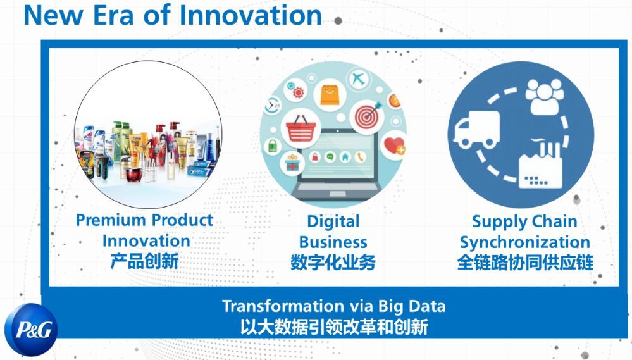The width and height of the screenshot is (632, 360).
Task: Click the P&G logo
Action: tap(31, 330)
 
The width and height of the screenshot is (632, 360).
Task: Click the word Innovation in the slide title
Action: tap(251, 15)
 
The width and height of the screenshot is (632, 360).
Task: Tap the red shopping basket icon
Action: tap(301, 128)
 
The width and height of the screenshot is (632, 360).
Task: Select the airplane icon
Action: tap(358, 78)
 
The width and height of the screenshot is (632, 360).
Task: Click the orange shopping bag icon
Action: tap(330, 95)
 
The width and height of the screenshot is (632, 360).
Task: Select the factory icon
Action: tap(540, 164)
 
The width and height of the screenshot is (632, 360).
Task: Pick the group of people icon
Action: tap(545, 97)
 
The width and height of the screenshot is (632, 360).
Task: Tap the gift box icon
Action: tap(292, 163)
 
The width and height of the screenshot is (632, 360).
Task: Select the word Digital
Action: tap(333, 221)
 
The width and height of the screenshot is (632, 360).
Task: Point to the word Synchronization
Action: tap(525, 243)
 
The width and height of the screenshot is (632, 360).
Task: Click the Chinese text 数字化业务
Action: tap(333, 263)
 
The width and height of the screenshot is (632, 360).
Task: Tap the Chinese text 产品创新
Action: tap(144, 261)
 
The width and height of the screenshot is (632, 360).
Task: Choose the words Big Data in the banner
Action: tap(411, 307)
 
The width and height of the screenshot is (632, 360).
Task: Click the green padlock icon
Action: tap(273, 146)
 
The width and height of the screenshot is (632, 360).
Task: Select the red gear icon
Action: tap(298, 93)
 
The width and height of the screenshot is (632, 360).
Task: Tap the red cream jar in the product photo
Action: tap(135, 175)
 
